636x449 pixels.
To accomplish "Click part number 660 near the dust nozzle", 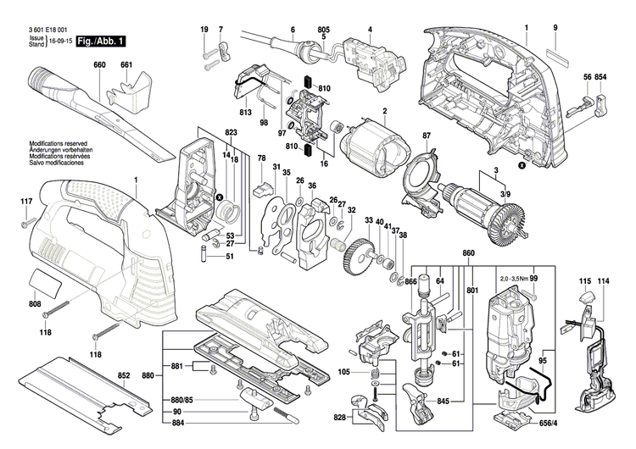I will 99,65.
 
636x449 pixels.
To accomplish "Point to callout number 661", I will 126,65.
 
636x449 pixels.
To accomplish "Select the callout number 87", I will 427,136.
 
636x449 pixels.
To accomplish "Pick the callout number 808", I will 35,303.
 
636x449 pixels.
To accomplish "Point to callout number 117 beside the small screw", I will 26,201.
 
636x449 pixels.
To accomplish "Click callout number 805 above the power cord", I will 324,30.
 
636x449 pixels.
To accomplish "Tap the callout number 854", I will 601,77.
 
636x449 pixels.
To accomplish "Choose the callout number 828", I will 339,419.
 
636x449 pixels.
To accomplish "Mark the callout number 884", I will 153,417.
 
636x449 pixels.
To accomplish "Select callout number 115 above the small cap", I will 584,280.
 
